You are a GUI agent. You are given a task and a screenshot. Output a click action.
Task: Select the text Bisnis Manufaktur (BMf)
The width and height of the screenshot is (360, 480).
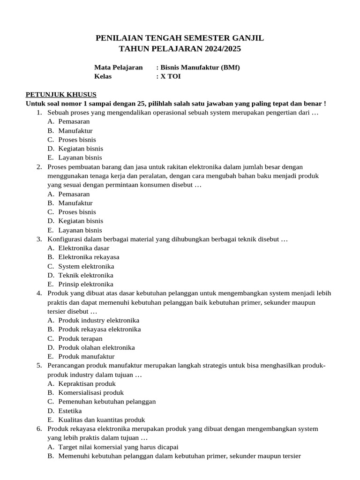[200, 67]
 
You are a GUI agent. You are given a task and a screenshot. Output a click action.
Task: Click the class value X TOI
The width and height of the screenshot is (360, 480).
[171, 76]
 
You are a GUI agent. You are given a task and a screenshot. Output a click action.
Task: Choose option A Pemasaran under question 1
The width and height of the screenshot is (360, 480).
[74, 121]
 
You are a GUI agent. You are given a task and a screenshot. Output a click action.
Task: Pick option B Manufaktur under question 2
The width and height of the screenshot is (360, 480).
[75, 203]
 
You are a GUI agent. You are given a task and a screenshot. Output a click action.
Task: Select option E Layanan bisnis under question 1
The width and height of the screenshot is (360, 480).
[80, 157]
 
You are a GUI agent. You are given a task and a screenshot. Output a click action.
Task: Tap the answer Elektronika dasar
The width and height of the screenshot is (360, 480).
[84, 248]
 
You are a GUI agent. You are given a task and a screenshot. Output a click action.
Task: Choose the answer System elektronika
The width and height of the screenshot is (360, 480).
[86, 266]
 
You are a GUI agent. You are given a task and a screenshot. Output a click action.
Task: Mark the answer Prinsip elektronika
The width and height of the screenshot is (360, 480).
[86, 284]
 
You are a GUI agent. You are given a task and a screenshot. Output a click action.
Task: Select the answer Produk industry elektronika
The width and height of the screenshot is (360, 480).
[99, 320]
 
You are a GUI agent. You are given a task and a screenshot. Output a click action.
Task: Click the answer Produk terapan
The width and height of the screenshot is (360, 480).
[80, 338]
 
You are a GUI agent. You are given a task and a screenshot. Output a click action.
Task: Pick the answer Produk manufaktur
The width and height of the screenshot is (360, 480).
[86, 356]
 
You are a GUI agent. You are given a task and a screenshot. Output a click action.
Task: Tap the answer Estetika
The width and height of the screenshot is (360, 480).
[70, 411]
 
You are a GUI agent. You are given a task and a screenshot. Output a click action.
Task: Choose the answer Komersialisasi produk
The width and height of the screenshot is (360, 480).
[91, 392]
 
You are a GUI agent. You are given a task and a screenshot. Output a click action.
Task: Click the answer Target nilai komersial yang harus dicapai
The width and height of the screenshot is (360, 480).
[118, 447]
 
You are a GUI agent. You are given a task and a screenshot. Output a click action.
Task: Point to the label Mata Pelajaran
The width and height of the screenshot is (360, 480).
[118, 67]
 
